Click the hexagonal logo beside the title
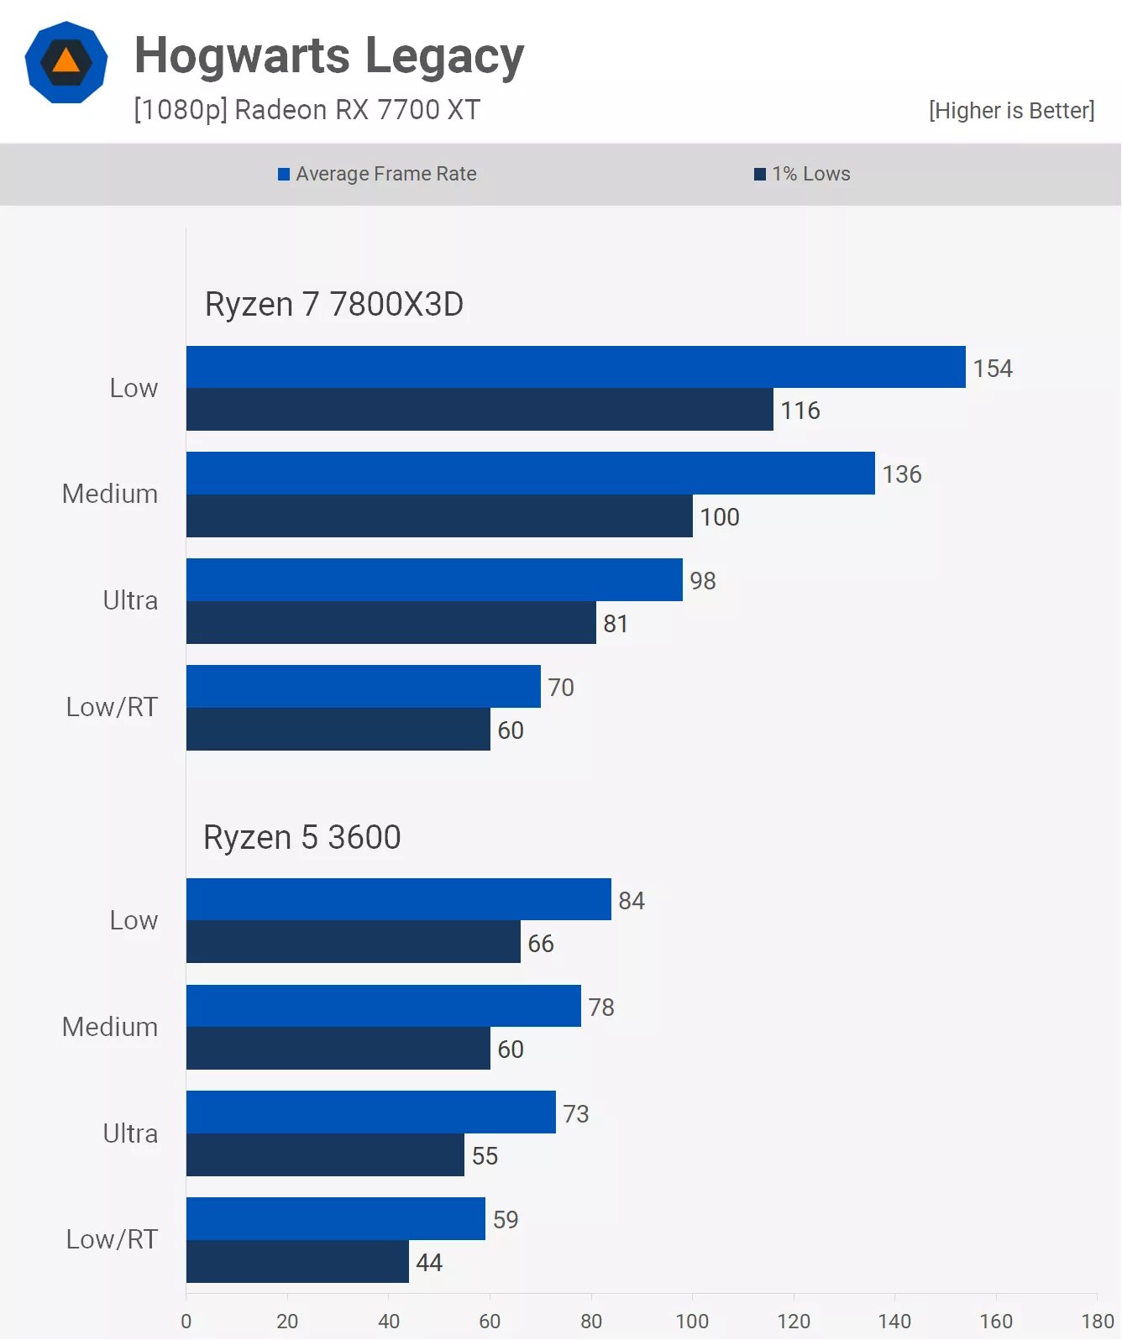pos(66,62)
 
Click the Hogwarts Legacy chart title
pos(329,56)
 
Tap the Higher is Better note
pos(1011,111)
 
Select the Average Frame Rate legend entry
pos(378,174)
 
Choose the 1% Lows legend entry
pos(803,174)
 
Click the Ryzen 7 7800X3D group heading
pos(334,304)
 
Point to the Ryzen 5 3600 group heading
pos(302,837)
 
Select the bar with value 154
pos(575,367)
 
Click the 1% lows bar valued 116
pos(479,410)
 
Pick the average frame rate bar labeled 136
pos(530,474)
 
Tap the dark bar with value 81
pos(391,623)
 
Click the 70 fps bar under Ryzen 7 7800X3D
pos(363,687)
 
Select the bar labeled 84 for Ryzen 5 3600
pos(398,899)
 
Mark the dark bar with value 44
pos(297,1261)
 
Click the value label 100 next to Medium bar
pos(720,517)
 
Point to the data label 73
pos(576,1114)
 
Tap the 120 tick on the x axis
pos(794,1322)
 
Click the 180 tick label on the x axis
pos(1097,1322)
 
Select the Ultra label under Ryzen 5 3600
pos(130,1133)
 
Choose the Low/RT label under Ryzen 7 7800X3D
pos(112,707)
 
